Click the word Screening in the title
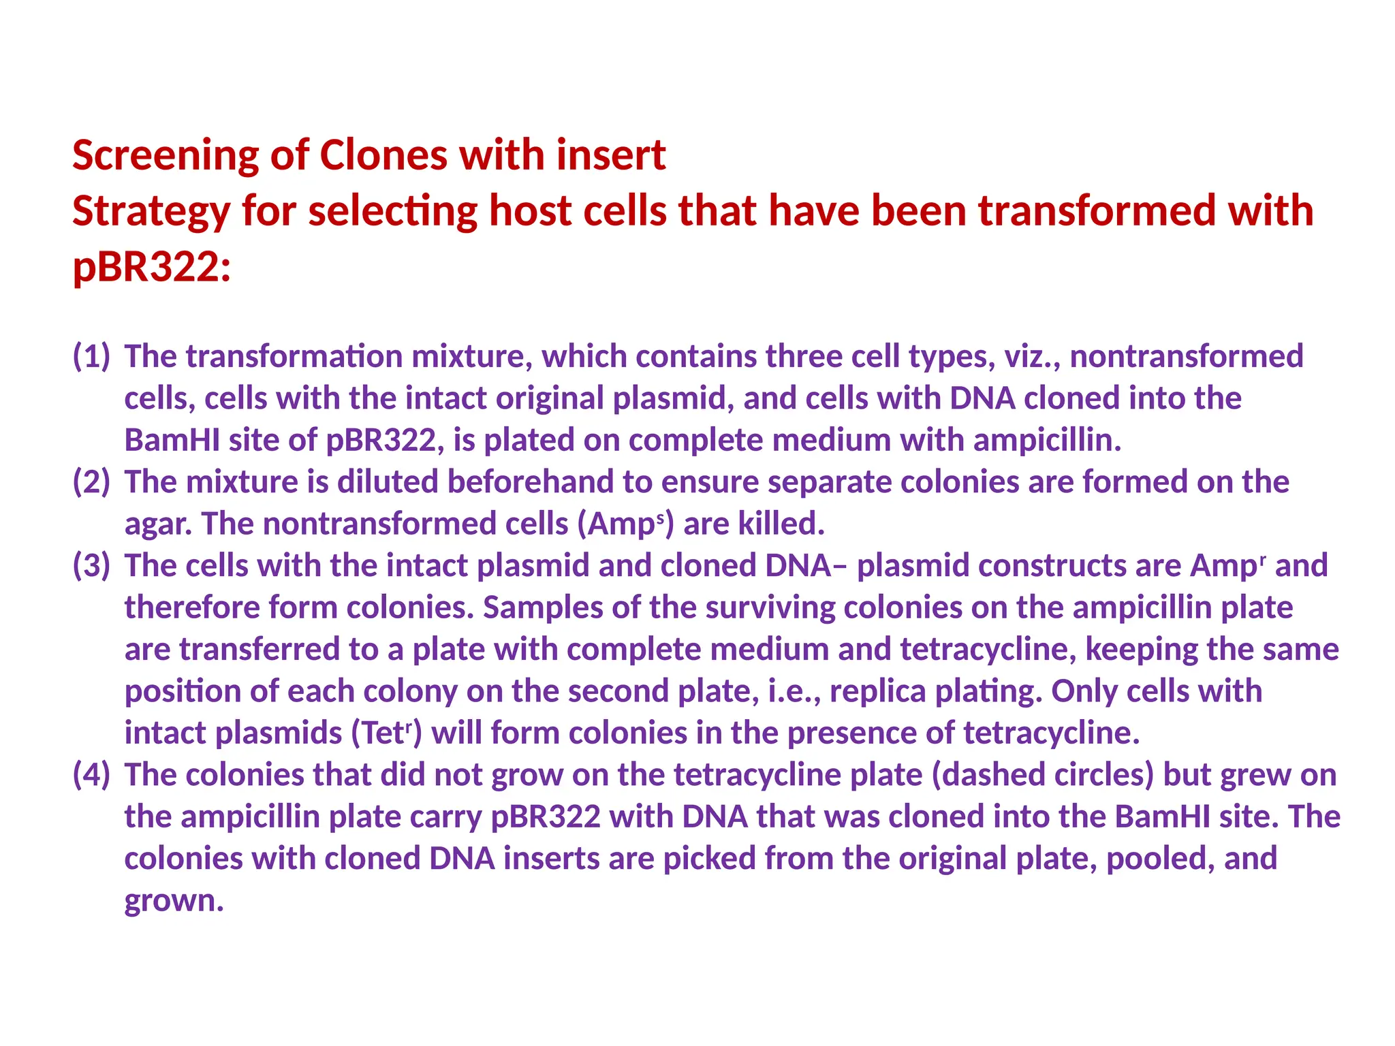pyautogui.click(x=166, y=155)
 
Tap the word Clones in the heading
pyautogui.click(x=383, y=155)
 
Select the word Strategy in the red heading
pyautogui.click(x=151, y=211)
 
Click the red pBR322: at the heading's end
pyautogui.click(x=151, y=266)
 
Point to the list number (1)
pyautogui.click(x=91, y=356)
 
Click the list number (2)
pyautogui.click(x=91, y=481)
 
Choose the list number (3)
pyautogui.click(x=91, y=565)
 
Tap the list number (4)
pyautogui.click(x=91, y=774)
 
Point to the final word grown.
pyautogui.click(x=174, y=900)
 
